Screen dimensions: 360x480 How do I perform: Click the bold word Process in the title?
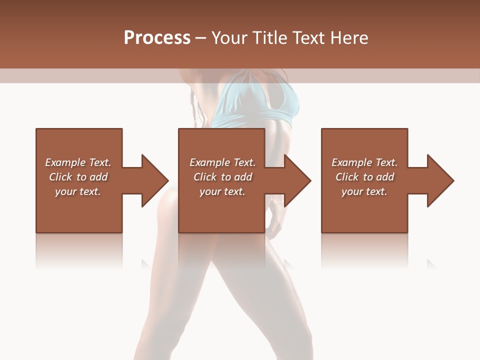[x=157, y=38]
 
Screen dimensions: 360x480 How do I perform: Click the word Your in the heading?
[x=229, y=38]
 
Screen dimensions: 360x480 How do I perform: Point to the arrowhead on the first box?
[x=153, y=180]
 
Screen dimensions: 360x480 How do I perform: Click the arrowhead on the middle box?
[x=296, y=180]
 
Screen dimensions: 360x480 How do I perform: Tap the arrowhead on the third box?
[x=439, y=180]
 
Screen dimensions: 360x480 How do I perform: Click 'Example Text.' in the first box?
[x=78, y=162]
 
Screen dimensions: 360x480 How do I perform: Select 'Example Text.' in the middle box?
[x=222, y=162]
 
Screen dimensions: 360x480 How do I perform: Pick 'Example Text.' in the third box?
[x=364, y=162]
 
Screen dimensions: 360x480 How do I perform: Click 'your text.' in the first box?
[x=78, y=191]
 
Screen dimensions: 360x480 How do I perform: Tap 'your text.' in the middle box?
[x=222, y=191]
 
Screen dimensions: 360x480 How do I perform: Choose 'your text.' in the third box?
[x=364, y=191]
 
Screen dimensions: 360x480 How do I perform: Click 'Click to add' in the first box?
[x=78, y=177]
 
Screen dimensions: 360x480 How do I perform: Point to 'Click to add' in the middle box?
[x=222, y=177]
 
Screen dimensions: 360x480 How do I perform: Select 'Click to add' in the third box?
[x=364, y=177]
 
